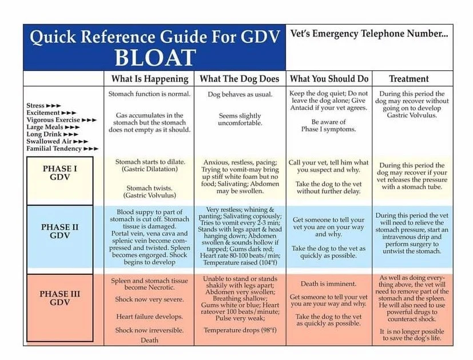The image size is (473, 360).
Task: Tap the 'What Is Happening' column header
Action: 150,79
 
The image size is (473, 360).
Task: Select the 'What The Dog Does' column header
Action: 240,79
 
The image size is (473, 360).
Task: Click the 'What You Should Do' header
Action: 329,79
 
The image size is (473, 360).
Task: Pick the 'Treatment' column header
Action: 408,79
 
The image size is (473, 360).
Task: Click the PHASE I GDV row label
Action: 60,173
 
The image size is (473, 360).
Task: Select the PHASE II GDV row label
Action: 59,231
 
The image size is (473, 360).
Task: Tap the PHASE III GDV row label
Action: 59,298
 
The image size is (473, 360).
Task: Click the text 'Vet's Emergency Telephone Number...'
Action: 369,34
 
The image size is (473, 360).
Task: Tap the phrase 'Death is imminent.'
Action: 328,284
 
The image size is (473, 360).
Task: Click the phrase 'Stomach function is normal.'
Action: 149,94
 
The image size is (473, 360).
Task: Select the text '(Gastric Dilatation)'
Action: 149,170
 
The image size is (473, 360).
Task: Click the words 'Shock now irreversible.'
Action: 149,330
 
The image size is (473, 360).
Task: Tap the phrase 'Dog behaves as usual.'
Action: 240,94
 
